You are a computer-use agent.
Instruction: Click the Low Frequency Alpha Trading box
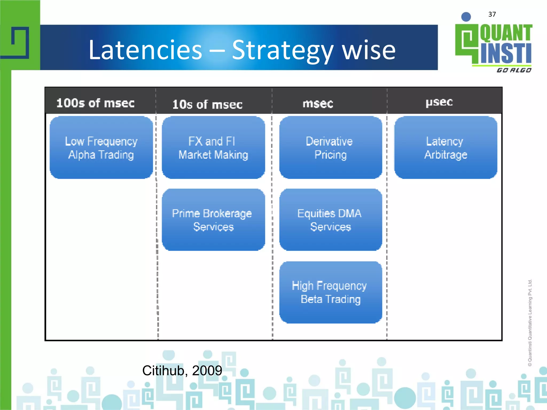point(101,148)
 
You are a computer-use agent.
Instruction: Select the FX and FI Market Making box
point(213,148)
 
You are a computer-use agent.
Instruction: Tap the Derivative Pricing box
point(330,148)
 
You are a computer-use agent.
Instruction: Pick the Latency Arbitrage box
point(446,148)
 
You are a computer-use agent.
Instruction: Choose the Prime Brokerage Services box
point(213,220)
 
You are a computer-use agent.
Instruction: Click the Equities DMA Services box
point(330,220)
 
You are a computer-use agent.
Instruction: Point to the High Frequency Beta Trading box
point(330,292)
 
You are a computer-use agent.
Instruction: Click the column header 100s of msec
point(95,103)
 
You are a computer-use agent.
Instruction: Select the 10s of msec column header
point(207,104)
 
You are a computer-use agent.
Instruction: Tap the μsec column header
point(439,102)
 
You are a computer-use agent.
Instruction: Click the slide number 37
point(492,14)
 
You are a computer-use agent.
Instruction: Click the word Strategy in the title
point(283,51)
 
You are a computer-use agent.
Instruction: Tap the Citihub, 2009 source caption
point(182,370)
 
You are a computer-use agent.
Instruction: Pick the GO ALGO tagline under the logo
point(514,70)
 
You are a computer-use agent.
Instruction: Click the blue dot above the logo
point(466,17)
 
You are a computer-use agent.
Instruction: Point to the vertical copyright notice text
point(530,322)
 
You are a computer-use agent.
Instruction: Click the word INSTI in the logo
point(506,53)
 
